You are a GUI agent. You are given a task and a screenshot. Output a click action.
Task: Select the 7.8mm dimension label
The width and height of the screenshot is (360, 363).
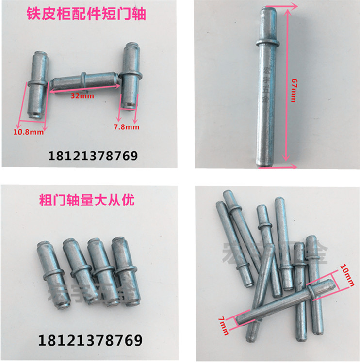point(127,127)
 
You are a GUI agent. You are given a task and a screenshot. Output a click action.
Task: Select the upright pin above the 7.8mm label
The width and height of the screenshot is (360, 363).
point(130,75)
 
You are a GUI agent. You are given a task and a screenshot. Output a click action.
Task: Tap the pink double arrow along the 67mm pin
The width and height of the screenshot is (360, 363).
point(286,87)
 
